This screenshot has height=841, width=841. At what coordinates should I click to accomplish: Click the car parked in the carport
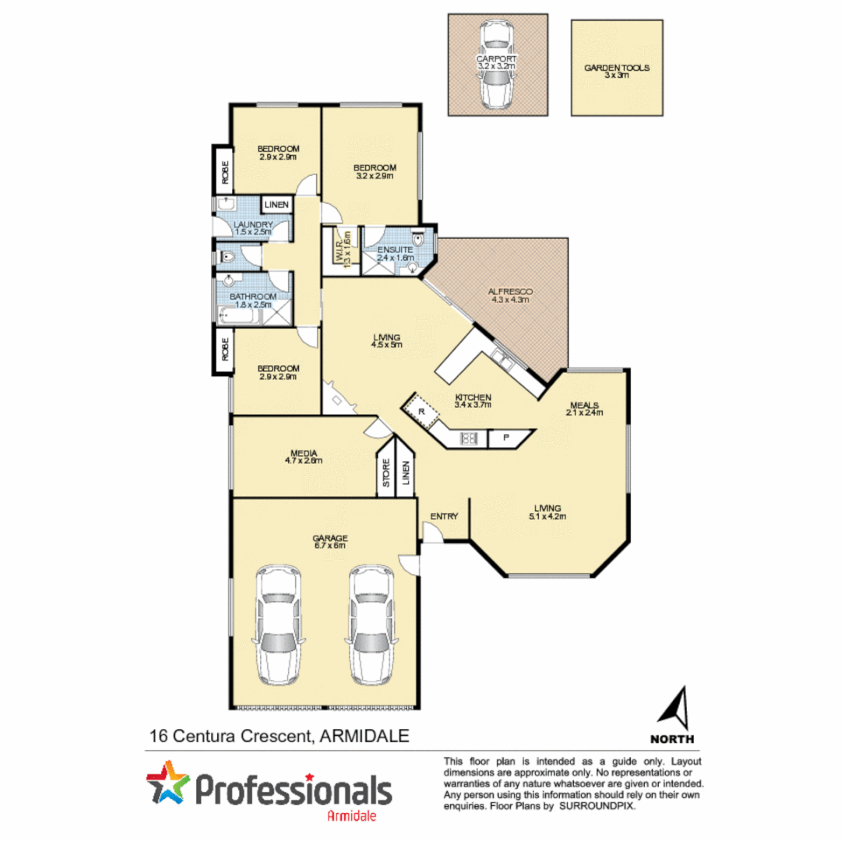click(497, 65)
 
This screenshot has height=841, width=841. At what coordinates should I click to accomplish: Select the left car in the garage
click(278, 622)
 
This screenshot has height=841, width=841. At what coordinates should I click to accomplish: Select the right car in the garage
click(371, 622)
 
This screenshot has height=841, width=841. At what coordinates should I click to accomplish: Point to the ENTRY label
click(443, 516)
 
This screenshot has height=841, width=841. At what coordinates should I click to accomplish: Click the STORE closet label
click(386, 475)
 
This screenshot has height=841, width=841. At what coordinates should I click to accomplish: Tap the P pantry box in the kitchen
click(505, 438)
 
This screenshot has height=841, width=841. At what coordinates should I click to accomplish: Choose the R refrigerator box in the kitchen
click(421, 410)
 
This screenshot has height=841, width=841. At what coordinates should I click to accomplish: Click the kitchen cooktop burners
click(470, 438)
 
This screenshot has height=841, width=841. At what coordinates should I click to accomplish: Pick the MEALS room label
click(584, 405)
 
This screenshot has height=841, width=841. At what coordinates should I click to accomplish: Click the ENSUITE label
click(394, 250)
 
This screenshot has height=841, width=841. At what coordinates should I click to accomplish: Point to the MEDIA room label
click(297, 452)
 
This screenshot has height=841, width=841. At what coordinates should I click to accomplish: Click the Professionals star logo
click(168, 786)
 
